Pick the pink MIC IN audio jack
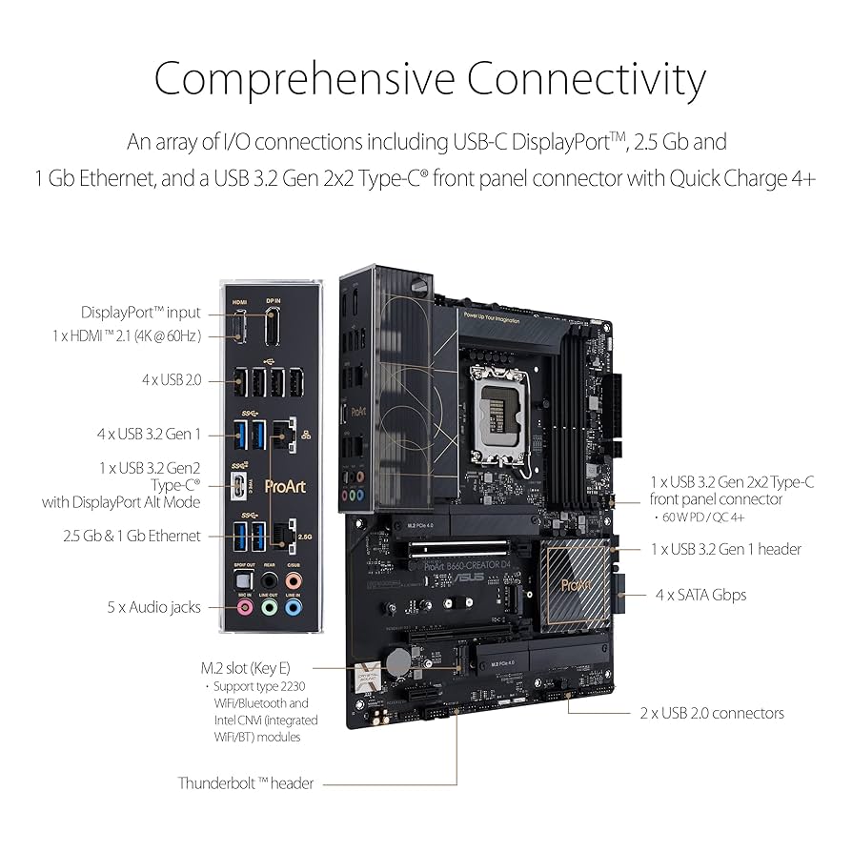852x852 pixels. pos(244,606)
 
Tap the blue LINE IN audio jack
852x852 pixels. pos(294,606)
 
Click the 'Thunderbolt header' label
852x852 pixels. pos(246,783)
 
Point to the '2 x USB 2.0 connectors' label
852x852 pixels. pos(712,713)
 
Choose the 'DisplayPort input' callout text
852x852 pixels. pos(141,312)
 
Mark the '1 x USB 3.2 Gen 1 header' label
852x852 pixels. pos(725,549)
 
